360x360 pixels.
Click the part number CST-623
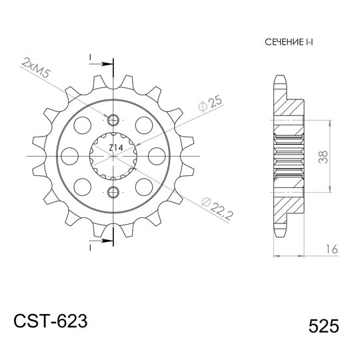[x=50, y=322]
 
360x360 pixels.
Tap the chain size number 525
[x=324, y=327]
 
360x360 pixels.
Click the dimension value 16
[x=329, y=250]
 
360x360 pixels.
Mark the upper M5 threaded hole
[x=113, y=120]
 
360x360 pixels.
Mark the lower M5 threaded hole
[x=113, y=192]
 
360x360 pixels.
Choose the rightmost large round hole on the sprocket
[x=157, y=156]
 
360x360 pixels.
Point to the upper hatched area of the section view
[x=291, y=107]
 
